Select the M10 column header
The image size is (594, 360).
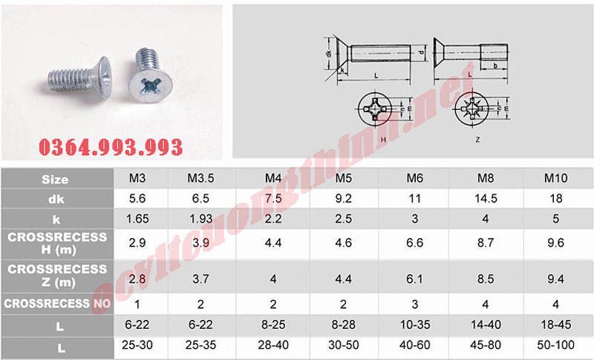tap(557, 179)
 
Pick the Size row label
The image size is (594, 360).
tap(56, 179)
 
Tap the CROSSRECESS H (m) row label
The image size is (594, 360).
tap(56, 243)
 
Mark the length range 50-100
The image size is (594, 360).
tap(557, 346)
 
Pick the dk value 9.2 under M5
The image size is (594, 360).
tap(343, 199)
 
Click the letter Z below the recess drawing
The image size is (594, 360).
tap(477, 139)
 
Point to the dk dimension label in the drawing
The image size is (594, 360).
tap(327, 54)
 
